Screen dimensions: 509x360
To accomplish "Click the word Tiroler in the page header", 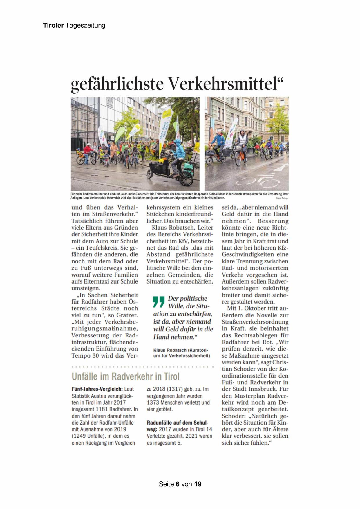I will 53,25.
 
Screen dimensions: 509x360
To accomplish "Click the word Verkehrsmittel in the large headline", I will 225,84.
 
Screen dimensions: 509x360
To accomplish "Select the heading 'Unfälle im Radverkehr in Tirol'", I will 126,376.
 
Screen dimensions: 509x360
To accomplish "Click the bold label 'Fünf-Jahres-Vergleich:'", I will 97,389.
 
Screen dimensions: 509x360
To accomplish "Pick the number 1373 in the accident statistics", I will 154,402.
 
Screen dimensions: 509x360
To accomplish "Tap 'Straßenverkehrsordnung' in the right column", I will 255,322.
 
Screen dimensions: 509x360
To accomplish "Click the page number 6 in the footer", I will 177,484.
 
